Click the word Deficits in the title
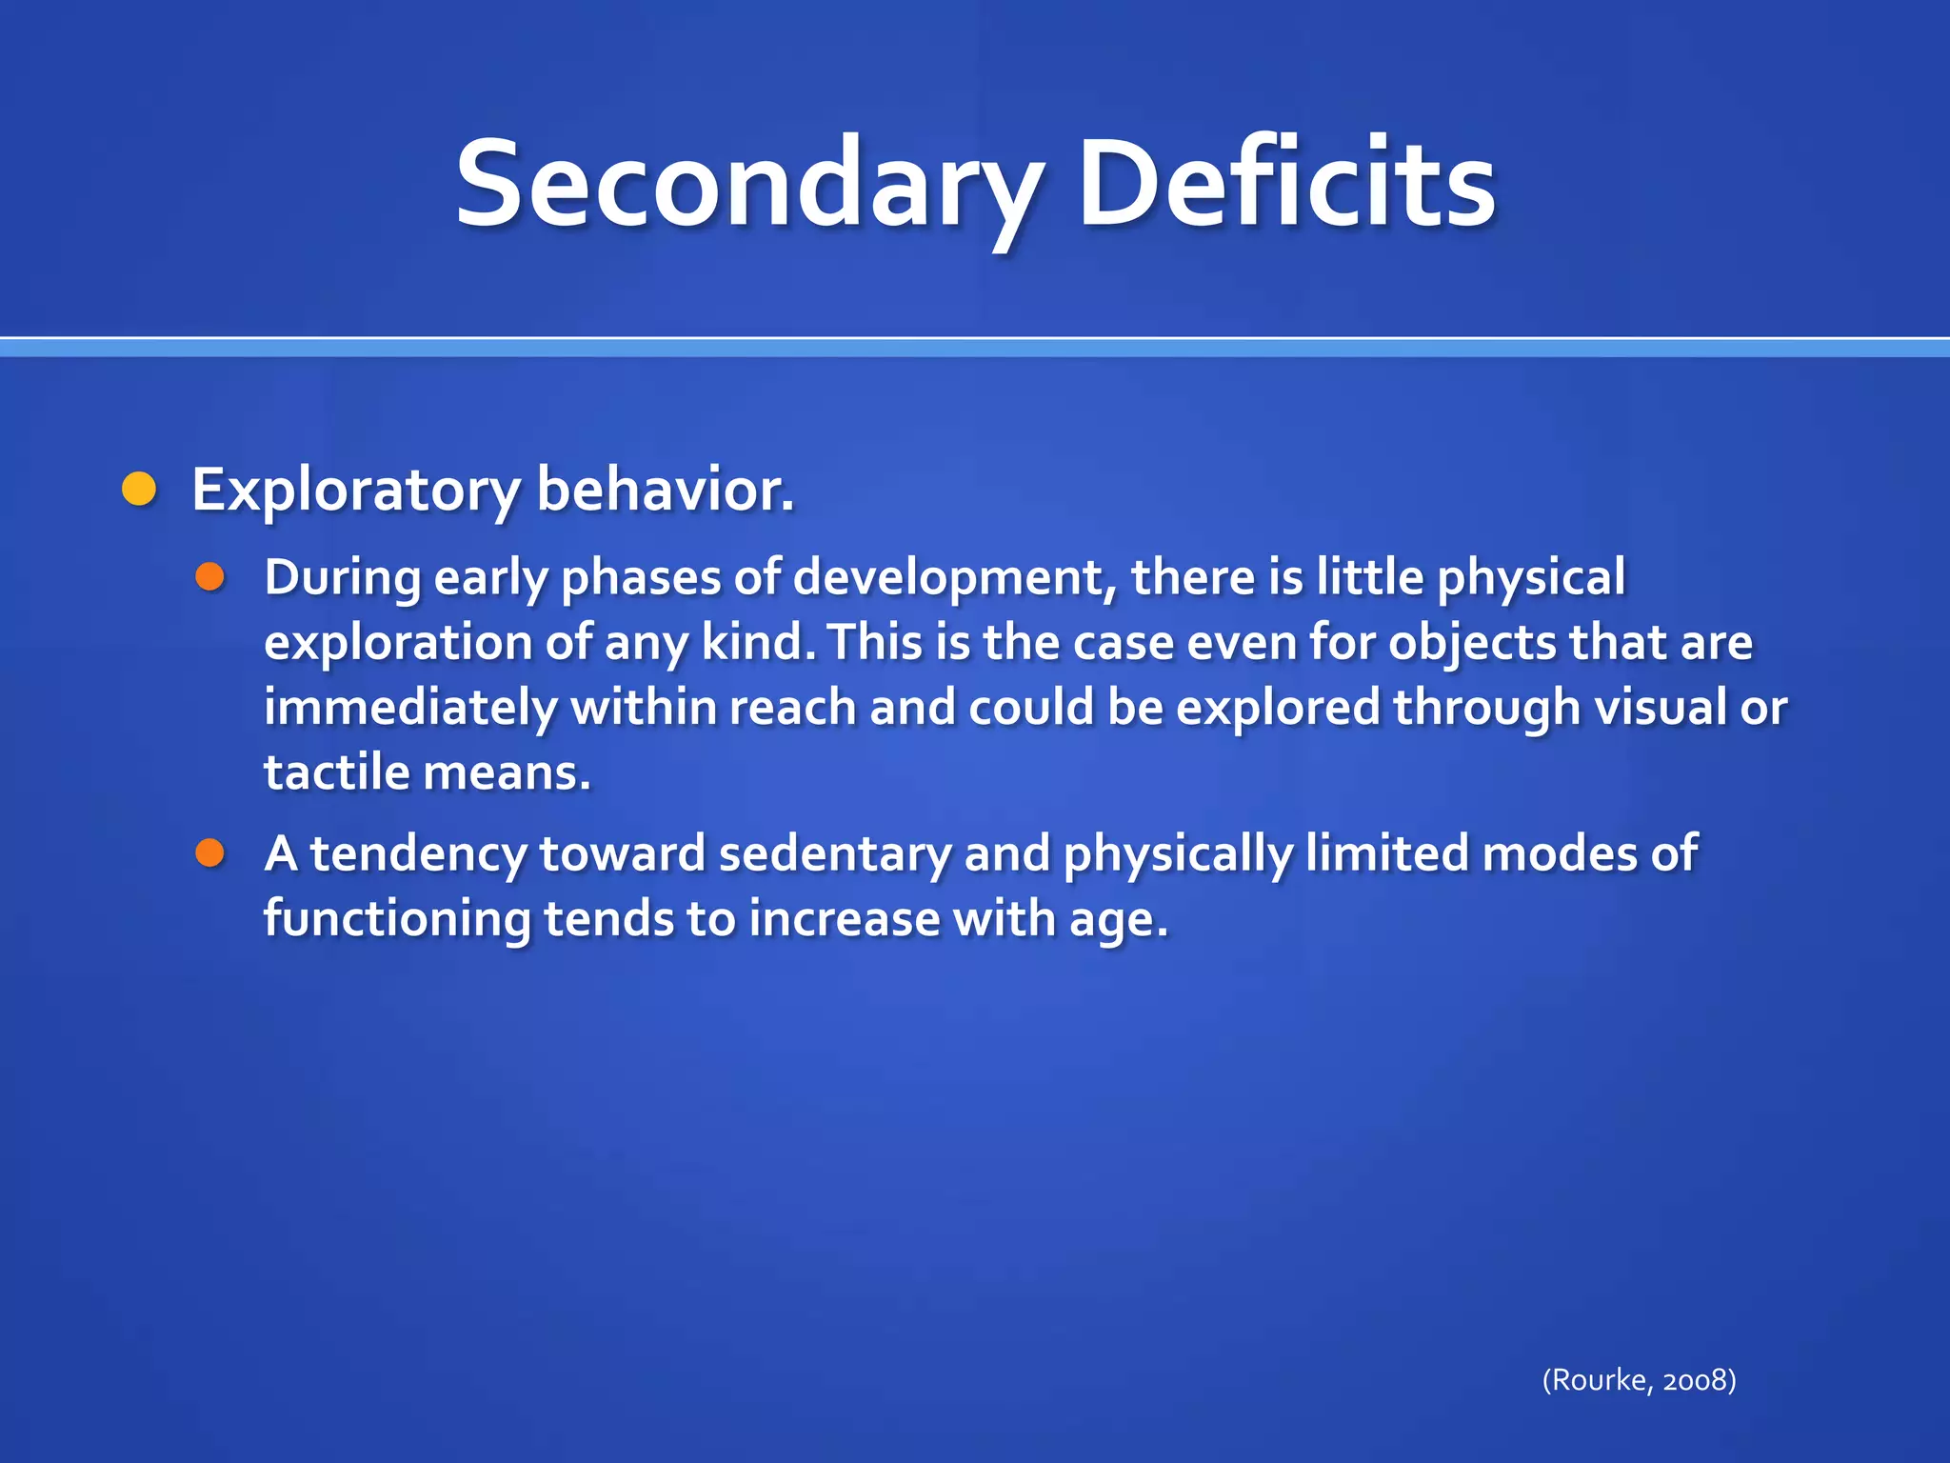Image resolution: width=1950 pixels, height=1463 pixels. (1285, 186)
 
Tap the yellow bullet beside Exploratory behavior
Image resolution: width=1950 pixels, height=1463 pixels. (140, 490)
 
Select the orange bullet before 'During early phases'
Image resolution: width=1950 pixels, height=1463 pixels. (209, 577)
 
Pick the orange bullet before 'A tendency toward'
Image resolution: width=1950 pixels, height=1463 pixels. (209, 853)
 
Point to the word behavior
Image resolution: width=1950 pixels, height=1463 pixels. (664, 490)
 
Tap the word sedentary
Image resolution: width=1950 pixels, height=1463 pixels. (834, 853)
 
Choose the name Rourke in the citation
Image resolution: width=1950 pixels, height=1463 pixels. (1600, 1380)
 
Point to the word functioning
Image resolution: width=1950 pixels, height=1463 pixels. (397, 919)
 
